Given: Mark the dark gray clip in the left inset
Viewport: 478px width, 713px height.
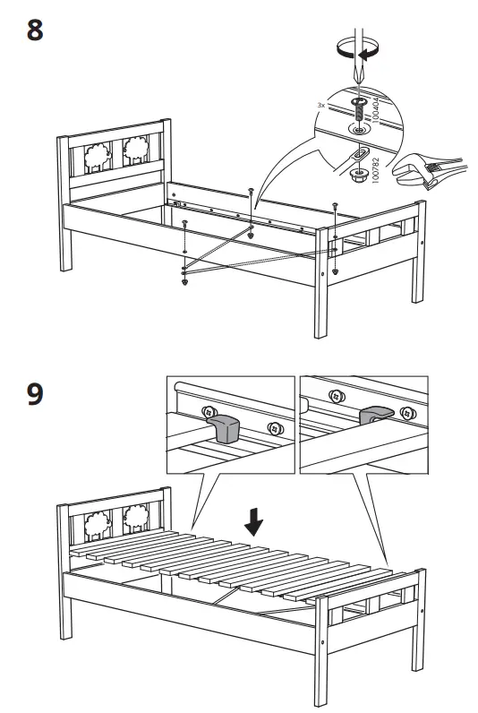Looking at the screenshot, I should point(228,429).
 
